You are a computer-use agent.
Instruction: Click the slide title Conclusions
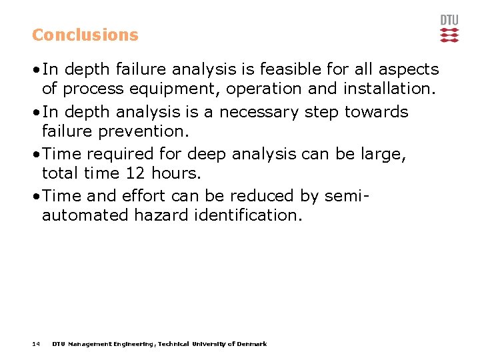coord(85,35)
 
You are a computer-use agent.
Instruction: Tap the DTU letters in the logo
coord(449,20)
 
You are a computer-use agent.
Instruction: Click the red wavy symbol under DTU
coord(449,35)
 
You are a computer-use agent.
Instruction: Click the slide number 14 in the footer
coord(36,344)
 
